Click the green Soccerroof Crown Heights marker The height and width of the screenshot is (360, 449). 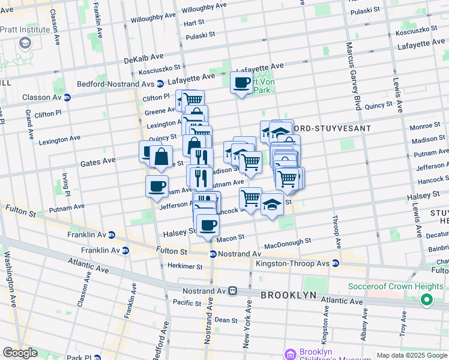tap(427, 299)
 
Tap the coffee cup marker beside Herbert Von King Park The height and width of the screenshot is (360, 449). tap(241, 83)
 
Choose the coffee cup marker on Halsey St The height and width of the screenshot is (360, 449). tap(208, 226)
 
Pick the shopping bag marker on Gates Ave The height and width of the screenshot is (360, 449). tap(161, 157)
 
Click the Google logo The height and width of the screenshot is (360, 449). tap(20, 353)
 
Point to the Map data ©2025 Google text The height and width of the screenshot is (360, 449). tap(411, 355)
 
